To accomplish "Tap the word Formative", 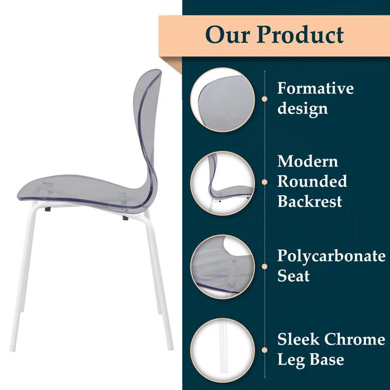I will click(315, 88).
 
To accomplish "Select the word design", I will click(302, 108).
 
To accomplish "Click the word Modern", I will click(307, 161).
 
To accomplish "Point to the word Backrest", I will click(309, 200).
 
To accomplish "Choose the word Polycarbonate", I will click(331, 256).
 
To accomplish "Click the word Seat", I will click(293, 276).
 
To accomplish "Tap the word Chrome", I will click(353, 339).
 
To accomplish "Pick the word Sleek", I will click(298, 339).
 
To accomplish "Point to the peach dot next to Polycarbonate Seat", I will click(264, 267).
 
